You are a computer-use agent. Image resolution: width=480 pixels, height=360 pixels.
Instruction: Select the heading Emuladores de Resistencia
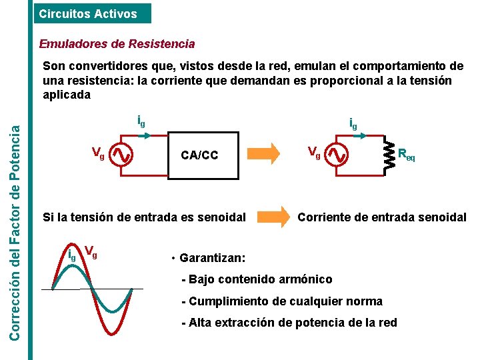pyautogui.click(x=117, y=44)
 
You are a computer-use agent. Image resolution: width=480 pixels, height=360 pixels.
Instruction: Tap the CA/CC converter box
pyautogui.click(x=199, y=155)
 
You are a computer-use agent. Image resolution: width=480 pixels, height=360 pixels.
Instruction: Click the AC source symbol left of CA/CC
pyautogui.click(x=122, y=155)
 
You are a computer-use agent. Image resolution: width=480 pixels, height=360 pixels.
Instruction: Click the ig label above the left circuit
pyautogui.click(x=141, y=121)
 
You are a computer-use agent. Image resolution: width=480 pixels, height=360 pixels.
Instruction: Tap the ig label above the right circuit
pyautogui.click(x=353, y=123)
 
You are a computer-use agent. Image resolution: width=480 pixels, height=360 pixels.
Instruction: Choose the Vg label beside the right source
pyautogui.click(x=313, y=153)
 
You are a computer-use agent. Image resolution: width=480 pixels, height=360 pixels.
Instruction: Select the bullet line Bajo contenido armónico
pyautogui.click(x=257, y=279)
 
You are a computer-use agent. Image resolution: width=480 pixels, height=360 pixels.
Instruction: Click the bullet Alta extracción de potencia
pyautogui.click(x=289, y=323)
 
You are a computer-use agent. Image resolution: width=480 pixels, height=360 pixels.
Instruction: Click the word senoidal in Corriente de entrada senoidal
pyautogui.click(x=442, y=217)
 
